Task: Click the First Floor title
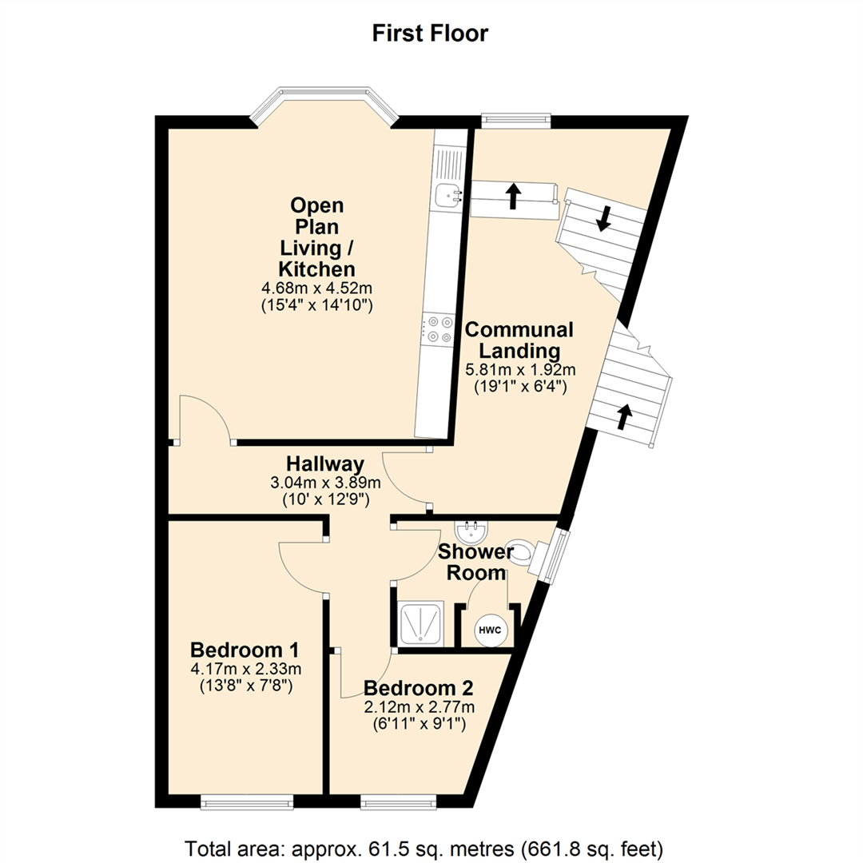click(430, 33)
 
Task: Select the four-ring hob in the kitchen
click(439, 328)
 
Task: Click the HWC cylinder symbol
click(490, 630)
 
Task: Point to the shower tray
click(421, 624)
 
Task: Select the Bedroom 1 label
click(245, 650)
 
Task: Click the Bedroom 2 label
click(418, 688)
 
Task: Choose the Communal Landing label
click(519, 340)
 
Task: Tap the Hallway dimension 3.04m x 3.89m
click(325, 483)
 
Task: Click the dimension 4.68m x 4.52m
click(316, 288)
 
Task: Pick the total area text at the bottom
click(424, 848)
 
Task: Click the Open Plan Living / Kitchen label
click(317, 237)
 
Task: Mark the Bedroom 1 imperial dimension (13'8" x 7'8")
click(245, 686)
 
